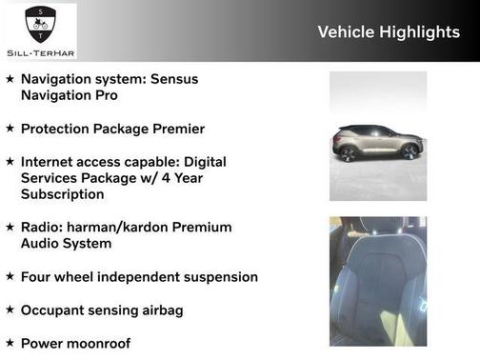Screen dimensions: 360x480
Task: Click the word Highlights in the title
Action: (420, 32)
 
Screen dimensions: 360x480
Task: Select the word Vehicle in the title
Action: (346, 32)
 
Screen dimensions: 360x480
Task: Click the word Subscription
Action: (62, 194)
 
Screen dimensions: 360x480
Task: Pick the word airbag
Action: (160, 310)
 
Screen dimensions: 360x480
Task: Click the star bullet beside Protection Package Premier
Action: (10, 129)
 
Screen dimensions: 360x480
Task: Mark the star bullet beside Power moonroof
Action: (10, 343)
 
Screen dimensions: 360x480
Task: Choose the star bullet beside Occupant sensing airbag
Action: (10, 310)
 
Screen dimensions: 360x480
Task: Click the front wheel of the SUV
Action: (410, 152)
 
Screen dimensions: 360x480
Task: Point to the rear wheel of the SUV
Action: (348, 153)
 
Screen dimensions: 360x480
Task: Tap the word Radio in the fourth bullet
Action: (43, 227)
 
